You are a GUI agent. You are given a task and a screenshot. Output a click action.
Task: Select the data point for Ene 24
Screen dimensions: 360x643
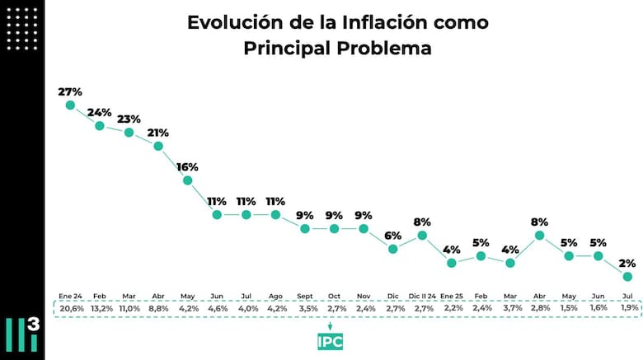coord(70,105)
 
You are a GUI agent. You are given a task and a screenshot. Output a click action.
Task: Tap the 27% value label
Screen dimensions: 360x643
coord(70,91)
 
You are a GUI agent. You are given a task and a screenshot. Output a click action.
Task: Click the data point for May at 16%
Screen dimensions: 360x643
coord(187,180)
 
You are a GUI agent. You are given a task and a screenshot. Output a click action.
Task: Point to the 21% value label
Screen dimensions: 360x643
coord(158,132)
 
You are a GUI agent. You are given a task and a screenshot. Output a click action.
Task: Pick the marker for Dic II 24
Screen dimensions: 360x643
coord(422,235)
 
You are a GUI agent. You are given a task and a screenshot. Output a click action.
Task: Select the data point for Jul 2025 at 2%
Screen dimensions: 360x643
coord(627,277)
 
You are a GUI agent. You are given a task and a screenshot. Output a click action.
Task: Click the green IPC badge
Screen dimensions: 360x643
coord(330,341)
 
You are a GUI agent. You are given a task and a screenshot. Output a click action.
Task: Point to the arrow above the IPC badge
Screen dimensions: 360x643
coord(330,325)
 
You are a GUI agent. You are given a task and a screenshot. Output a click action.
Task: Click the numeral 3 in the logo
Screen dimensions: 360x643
coord(33,325)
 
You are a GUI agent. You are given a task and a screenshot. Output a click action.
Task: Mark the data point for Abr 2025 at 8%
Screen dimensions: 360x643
coord(539,235)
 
